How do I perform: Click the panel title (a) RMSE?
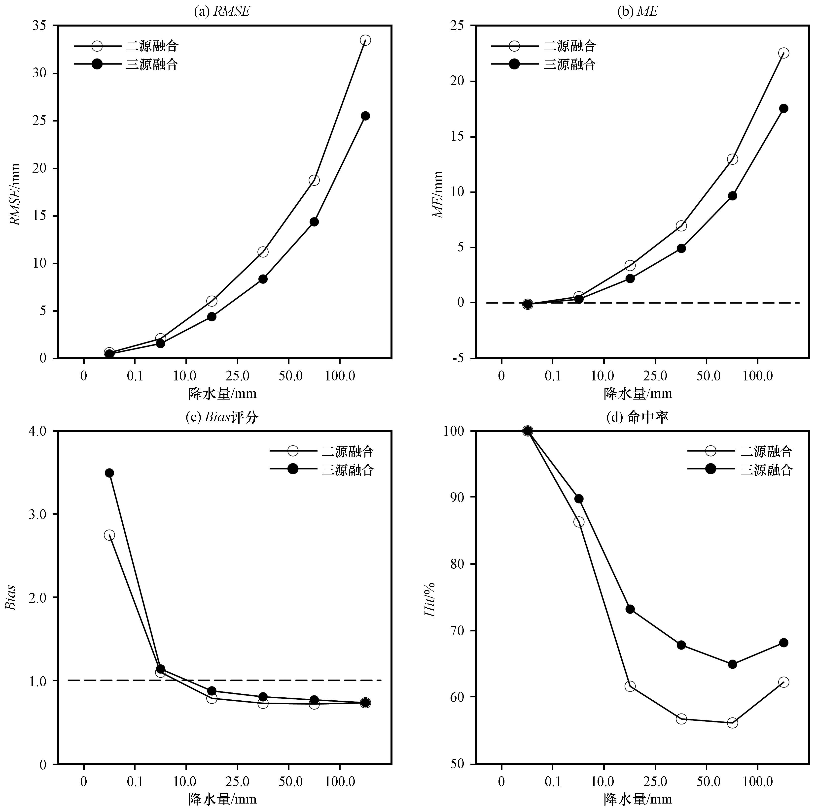pos(221,11)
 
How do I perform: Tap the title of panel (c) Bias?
pos(221,417)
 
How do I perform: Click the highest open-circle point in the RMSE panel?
pos(365,40)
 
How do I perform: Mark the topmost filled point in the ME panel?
pos(783,108)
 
